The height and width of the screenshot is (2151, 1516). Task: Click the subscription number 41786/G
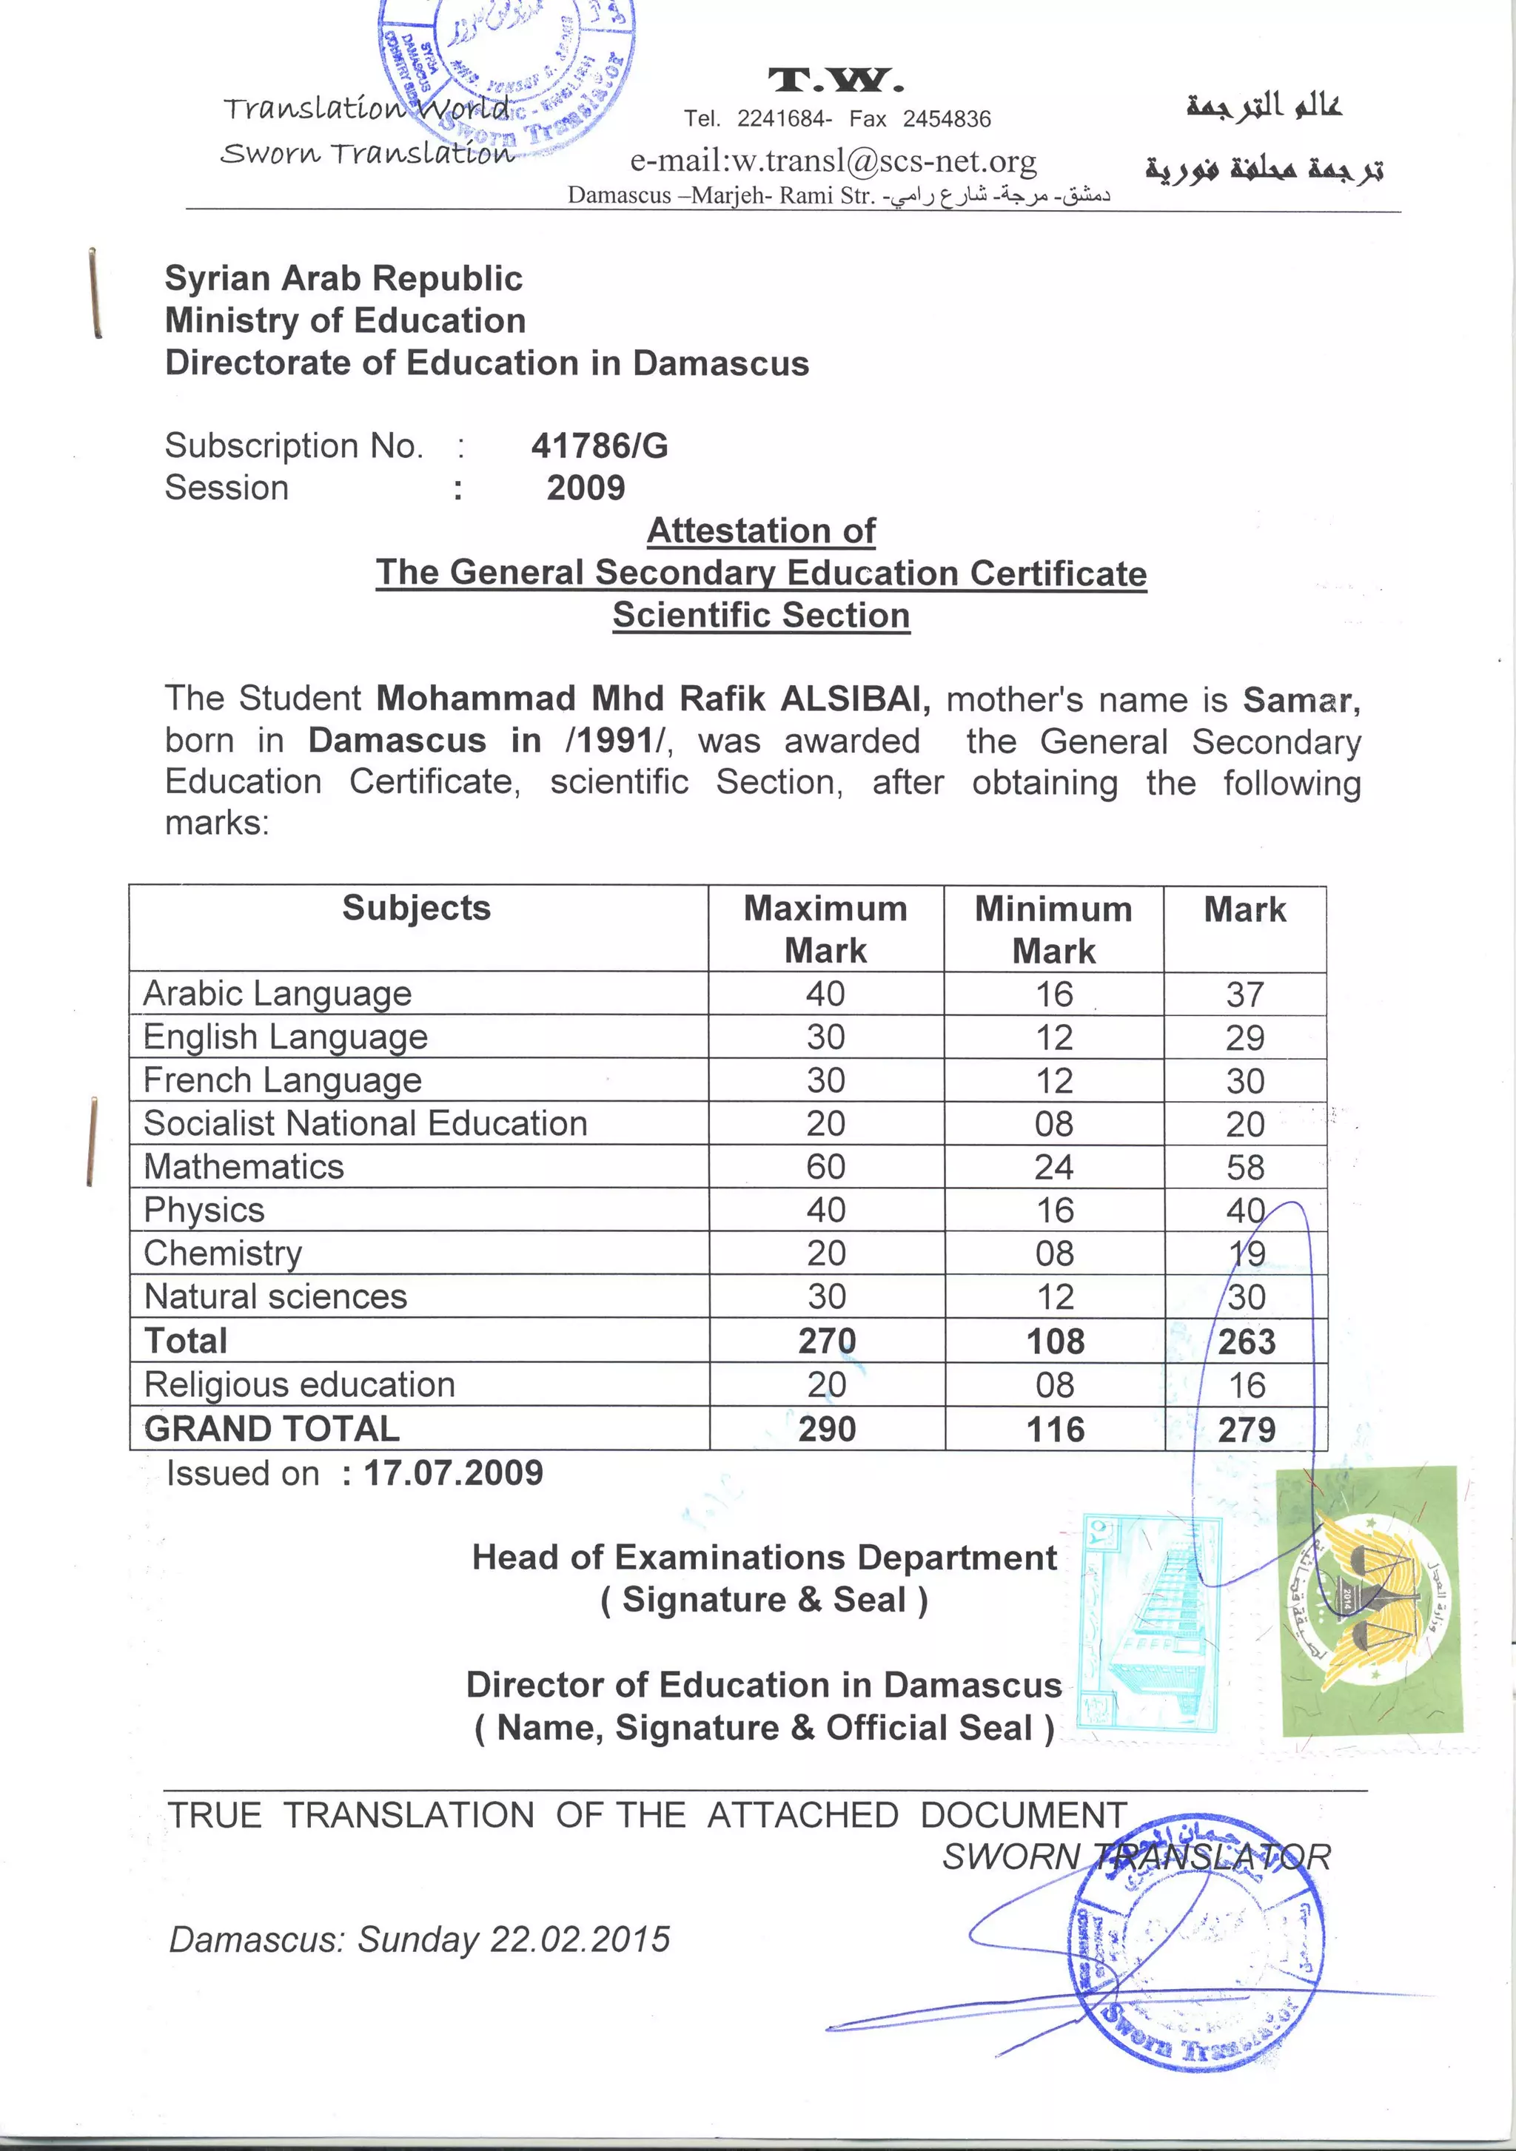click(600, 446)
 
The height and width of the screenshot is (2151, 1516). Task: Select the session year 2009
click(586, 488)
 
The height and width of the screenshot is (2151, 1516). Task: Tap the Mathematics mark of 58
click(1245, 1168)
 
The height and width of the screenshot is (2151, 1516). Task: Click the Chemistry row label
click(223, 1253)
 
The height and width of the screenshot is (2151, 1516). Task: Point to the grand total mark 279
click(1246, 1430)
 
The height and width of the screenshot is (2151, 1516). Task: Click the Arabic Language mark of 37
click(1245, 994)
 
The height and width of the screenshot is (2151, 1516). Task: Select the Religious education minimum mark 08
click(1055, 1384)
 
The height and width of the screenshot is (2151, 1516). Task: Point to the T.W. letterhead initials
click(836, 81)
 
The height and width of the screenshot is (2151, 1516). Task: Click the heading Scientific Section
click(761, 616)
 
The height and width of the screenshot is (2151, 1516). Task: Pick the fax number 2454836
click(946, 119)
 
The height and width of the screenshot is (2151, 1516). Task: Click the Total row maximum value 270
click(826, 1341)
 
